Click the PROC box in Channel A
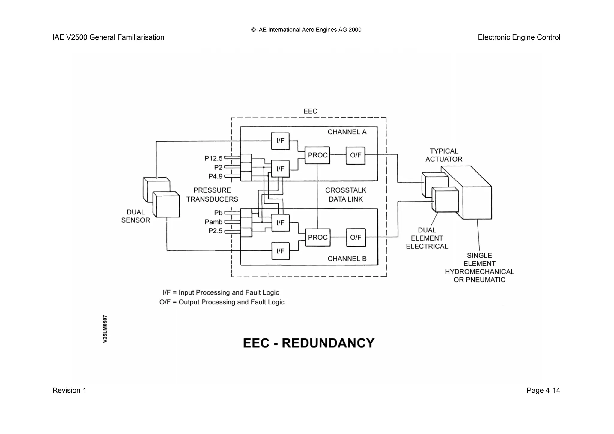[x=317, y=155]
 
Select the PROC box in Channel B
[x=317, y=238]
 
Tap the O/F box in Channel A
[x=356, y=155]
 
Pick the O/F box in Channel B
[x=356, y=238]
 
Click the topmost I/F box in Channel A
[x=280, y=141]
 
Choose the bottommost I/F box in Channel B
[x=280, y=251]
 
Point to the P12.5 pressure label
[x=213, y=158]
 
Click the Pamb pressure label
[x=213, y=222]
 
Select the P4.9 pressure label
[x=215, y=176]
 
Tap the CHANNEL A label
[x=347, y=132]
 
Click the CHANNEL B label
[x=347, y=259]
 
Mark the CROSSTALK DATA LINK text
[x=346, y=195]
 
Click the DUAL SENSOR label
[x=136, y=216]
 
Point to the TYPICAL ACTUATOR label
[x=444, y=155]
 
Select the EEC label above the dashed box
[x=310, y=111]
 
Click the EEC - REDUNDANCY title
[x=309, y=343]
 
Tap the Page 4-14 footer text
[x=543, y=390]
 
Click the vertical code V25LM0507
[x=105, y=329]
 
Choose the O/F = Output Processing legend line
[x=222, y=302]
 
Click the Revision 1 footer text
[x=69, y=390]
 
